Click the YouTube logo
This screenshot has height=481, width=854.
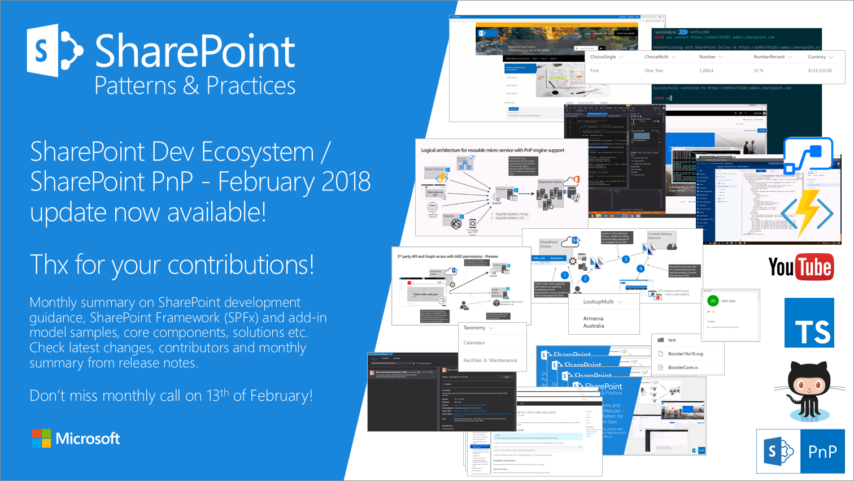coord(800,267)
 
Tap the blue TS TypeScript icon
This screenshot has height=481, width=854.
coord(809,323)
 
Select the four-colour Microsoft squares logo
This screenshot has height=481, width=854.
coord(41,438)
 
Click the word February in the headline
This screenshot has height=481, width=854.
coord(265,181)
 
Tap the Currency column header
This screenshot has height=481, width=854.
coord(817,57)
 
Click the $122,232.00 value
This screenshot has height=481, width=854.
coord(820,71)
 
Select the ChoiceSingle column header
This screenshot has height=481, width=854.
coord(603,57)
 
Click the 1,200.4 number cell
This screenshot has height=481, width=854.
coord(706,71)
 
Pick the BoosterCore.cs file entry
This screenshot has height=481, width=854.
coord(683,367)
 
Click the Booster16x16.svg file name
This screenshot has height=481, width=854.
coord(685,354)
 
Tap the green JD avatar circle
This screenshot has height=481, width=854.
coord(713,301)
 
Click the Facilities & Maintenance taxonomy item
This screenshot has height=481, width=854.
coord(490,360)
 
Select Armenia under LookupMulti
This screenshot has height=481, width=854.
coord(593,318)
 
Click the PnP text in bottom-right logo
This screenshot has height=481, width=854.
coord(822,451)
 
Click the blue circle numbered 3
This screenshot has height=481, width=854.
coord(625,259)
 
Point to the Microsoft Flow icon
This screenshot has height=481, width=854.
coord(809,155)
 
